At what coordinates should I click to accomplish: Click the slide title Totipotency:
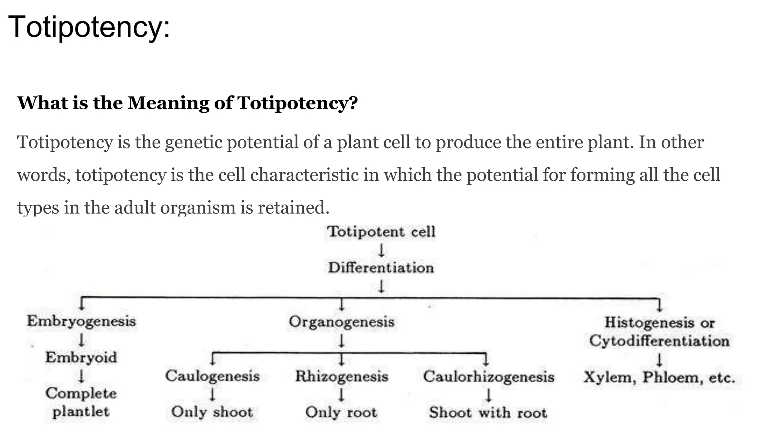coord(89,27)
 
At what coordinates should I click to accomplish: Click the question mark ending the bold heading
coord(353,103)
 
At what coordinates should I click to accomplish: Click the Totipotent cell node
coord(381,232)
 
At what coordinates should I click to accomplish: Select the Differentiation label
coord(381,268)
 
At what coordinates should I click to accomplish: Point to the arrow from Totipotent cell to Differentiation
coord(381,250)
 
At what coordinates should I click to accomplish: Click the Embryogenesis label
coord(81,321)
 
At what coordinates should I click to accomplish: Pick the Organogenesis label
coord(341,322)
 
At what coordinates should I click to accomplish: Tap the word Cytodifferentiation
coord(659,341)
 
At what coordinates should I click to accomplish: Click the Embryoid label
coord(81,357)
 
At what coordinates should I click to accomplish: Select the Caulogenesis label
coord(212,376)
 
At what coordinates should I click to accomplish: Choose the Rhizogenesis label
coord(341,377)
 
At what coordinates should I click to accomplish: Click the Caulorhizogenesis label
coord(488,377)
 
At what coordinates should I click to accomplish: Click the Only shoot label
coord(212,412)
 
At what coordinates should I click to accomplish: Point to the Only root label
coord(341,412)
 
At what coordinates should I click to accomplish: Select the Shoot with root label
coord(488,413)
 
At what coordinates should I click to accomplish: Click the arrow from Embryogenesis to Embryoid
coord(81,340)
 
